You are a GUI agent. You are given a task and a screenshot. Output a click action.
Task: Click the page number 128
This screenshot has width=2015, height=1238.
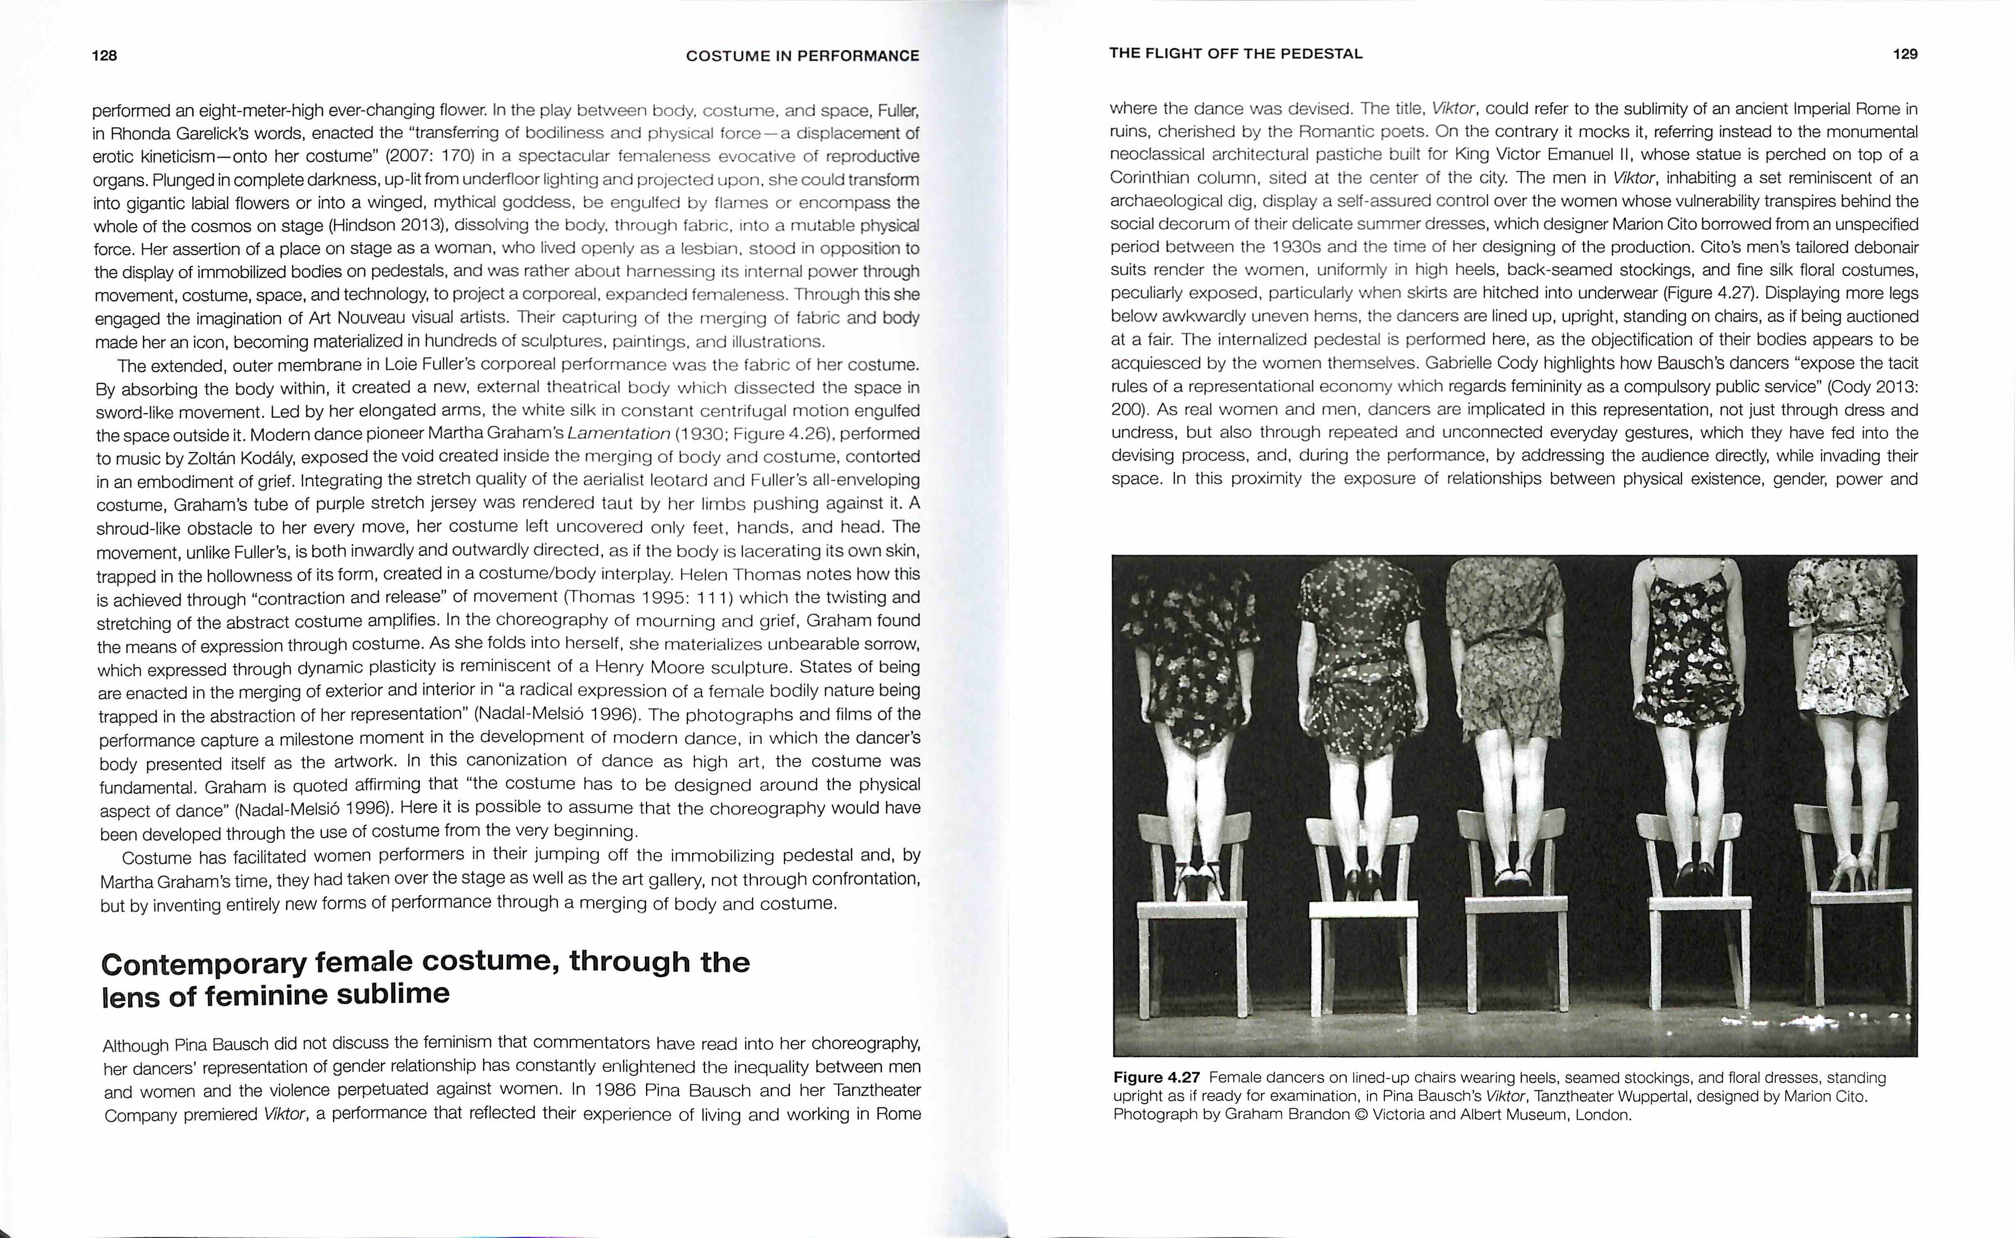(x=105, y=56)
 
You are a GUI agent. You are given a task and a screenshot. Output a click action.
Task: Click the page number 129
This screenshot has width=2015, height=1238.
(x=1904, y=54)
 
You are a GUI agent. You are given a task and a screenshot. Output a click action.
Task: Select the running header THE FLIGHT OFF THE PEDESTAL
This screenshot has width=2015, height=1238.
(x=1235, y=54)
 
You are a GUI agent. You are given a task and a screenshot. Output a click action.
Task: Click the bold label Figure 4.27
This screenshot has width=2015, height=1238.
(x=1156, y=1077)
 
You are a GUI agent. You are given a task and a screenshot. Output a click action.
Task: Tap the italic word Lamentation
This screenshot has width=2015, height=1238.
(x=618, y=434)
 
